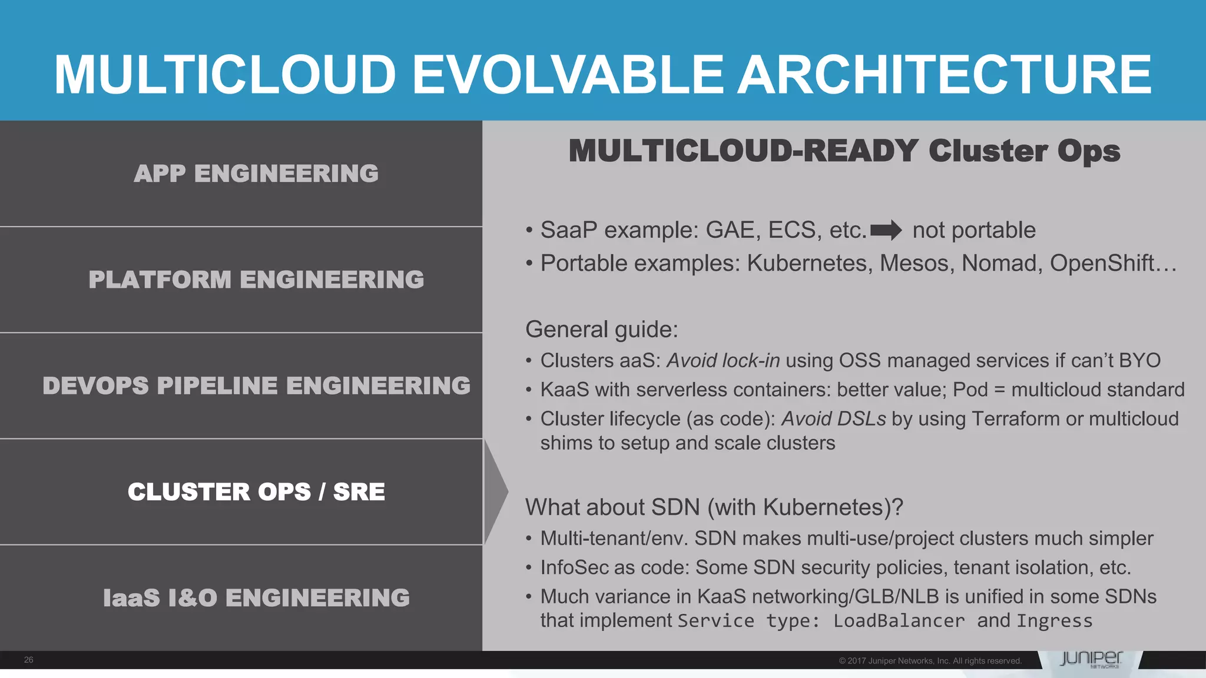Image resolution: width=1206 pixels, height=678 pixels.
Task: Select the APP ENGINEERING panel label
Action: pyautogui.click(x=256, y=174)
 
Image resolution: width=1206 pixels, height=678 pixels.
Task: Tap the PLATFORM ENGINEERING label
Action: pyautogui.click(x=256, y=280)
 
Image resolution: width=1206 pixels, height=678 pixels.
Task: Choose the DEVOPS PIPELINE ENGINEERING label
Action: pyautogui.click(x=256, y=386)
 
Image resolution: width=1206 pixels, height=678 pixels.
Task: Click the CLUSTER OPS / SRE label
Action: pyautogui.click(x=256, y=492)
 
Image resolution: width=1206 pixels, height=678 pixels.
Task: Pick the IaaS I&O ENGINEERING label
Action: pyautogui.click(x=256, y=598)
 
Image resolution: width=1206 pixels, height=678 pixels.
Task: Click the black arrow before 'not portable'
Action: pyautogui.click(x=886, y=230)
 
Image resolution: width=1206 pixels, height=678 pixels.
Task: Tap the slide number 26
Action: pyautogui.click(x=28, y=660)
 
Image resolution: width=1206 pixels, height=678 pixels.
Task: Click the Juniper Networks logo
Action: pyautogui.click(x=1091, y=659)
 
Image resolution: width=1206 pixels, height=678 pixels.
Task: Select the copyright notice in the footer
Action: pyautogui.click(x=930, y=661)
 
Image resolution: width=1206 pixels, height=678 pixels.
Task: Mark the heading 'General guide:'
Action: pyautogui.click(x=601, y=330)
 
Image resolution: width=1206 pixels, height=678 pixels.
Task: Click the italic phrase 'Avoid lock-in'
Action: pyautogui.click(x=723, y=360)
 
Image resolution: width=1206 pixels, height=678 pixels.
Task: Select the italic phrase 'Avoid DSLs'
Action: pyautogui.click(x=833, y=418)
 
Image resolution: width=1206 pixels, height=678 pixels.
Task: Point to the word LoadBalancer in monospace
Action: pyautogui.click(x=899, y=621)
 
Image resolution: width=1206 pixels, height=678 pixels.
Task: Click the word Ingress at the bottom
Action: pyautogui.click(x=1054, y=621)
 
